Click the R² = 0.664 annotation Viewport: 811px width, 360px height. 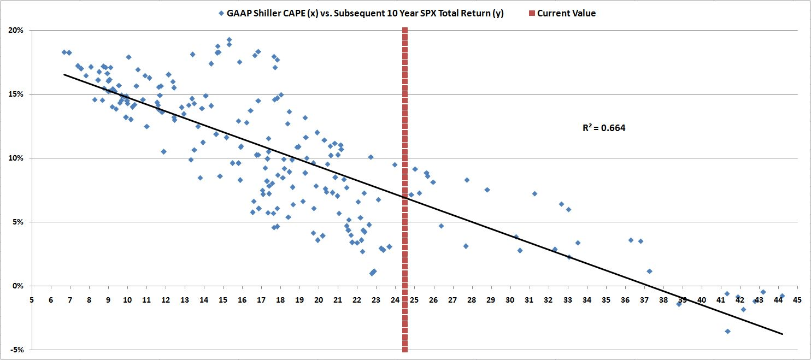pyautogui.click(x=604, y=129)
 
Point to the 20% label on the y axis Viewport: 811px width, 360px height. pyautogui.click(x=16, y=31)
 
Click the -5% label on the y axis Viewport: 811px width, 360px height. pyautogui.click(x=16, y=350)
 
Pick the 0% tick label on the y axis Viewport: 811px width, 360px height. pyautogui.click(x=17, y=286)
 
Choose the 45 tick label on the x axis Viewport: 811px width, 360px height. pyautogui.click(x=797, y=300)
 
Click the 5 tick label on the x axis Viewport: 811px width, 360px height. pyautogui.click(x=32, y=300)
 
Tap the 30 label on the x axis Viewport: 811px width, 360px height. pyautogui.click(x=510, y=300)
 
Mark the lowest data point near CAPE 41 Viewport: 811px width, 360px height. pyautogui.click(x=727, y=331)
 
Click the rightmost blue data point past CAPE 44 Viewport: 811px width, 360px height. pyautogui.click(x=782, y=296)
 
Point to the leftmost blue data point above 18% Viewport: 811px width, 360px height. pyautogui.click(x=64, y=52)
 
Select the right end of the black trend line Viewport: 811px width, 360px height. pyautogui.click(x=783, y=334)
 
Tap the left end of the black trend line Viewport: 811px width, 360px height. pyautogui.click(x=64, y=74)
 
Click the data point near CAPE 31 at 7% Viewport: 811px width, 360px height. pyautogui.click(x=534, y=193)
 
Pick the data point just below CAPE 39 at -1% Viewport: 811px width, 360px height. pyautogui.click(x=679, y=304)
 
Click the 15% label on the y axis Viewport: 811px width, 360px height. pyautogui.click(x=16, y=95)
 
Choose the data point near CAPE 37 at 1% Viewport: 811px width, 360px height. pyautogui.click(x=649, y=271)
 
